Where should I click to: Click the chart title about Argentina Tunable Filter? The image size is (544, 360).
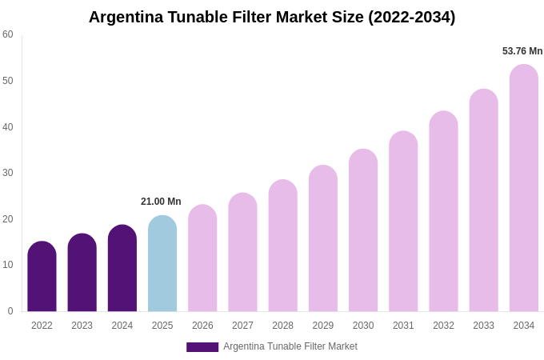coord(272,17)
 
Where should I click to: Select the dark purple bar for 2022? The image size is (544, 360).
coord(42,277)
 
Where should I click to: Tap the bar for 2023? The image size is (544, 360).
coord(82,273)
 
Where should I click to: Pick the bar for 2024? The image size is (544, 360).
coord(122,269)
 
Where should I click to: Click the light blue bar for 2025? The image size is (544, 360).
coord(162,264)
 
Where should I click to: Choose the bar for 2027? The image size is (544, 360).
coord(242,253)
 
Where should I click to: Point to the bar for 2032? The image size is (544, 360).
coord(443,212)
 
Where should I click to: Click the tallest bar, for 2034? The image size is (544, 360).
coord(524,188)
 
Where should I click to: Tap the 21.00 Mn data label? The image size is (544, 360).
coord(161,202)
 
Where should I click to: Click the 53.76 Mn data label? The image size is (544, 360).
coord(522,51)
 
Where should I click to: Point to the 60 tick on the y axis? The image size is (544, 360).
coord(8,34)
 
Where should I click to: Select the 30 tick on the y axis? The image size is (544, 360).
coord(8,173)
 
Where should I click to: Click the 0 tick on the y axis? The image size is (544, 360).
coord(10,311)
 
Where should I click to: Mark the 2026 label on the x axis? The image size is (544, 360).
coord(202,326)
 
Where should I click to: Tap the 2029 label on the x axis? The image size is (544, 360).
coord(323,326)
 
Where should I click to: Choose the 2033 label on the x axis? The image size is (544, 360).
coord(483,326)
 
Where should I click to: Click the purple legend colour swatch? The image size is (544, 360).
coord(202,347)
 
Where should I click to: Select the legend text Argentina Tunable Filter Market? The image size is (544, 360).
coord(290,346)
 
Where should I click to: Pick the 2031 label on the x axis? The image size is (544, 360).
coord(403,326)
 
